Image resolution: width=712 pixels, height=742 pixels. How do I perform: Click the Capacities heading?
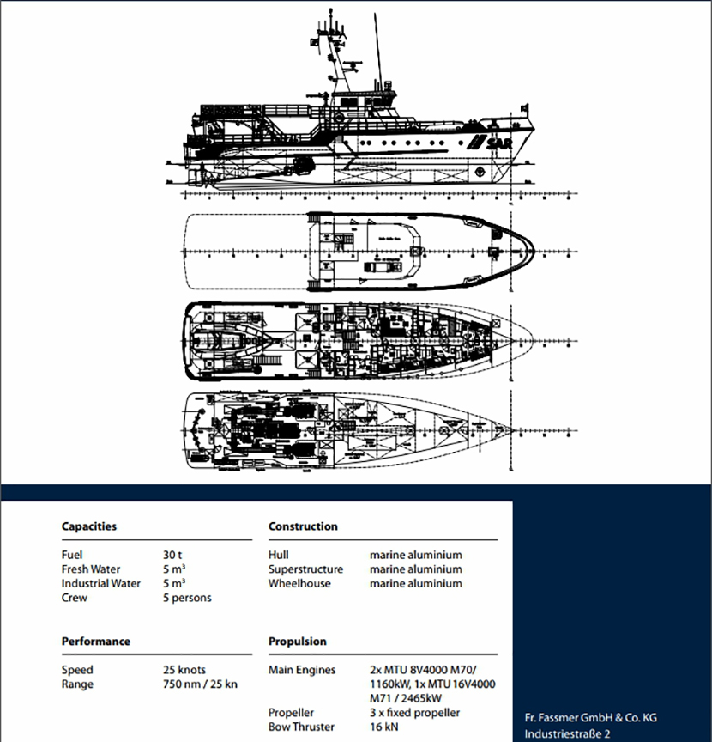point(88,526)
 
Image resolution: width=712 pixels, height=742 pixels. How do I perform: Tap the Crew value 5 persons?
point(187,598)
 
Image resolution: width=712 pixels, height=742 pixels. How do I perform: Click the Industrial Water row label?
point(101,583)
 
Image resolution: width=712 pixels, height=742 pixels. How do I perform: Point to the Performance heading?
point(95,642)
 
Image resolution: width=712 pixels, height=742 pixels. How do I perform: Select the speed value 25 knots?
point(184,670)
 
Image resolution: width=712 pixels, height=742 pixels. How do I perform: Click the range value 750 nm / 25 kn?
point(200,684)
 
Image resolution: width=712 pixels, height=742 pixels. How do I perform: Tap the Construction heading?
point(303,526)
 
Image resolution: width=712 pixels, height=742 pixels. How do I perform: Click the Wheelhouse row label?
point(300,583)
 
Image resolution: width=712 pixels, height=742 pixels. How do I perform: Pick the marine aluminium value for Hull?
point(415,555)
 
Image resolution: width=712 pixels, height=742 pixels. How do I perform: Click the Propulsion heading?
point(297,642)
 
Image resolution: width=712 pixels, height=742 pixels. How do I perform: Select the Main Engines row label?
point(302,670)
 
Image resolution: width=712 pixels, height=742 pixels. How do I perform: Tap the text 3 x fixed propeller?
point(415,712)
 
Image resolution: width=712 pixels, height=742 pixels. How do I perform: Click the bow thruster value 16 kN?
point(384,727)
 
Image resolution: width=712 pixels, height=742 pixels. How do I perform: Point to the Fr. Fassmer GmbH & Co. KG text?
point(590,717)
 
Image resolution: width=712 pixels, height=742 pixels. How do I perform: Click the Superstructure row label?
point(305,569)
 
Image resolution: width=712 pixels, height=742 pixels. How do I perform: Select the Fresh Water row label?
point(91,569)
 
